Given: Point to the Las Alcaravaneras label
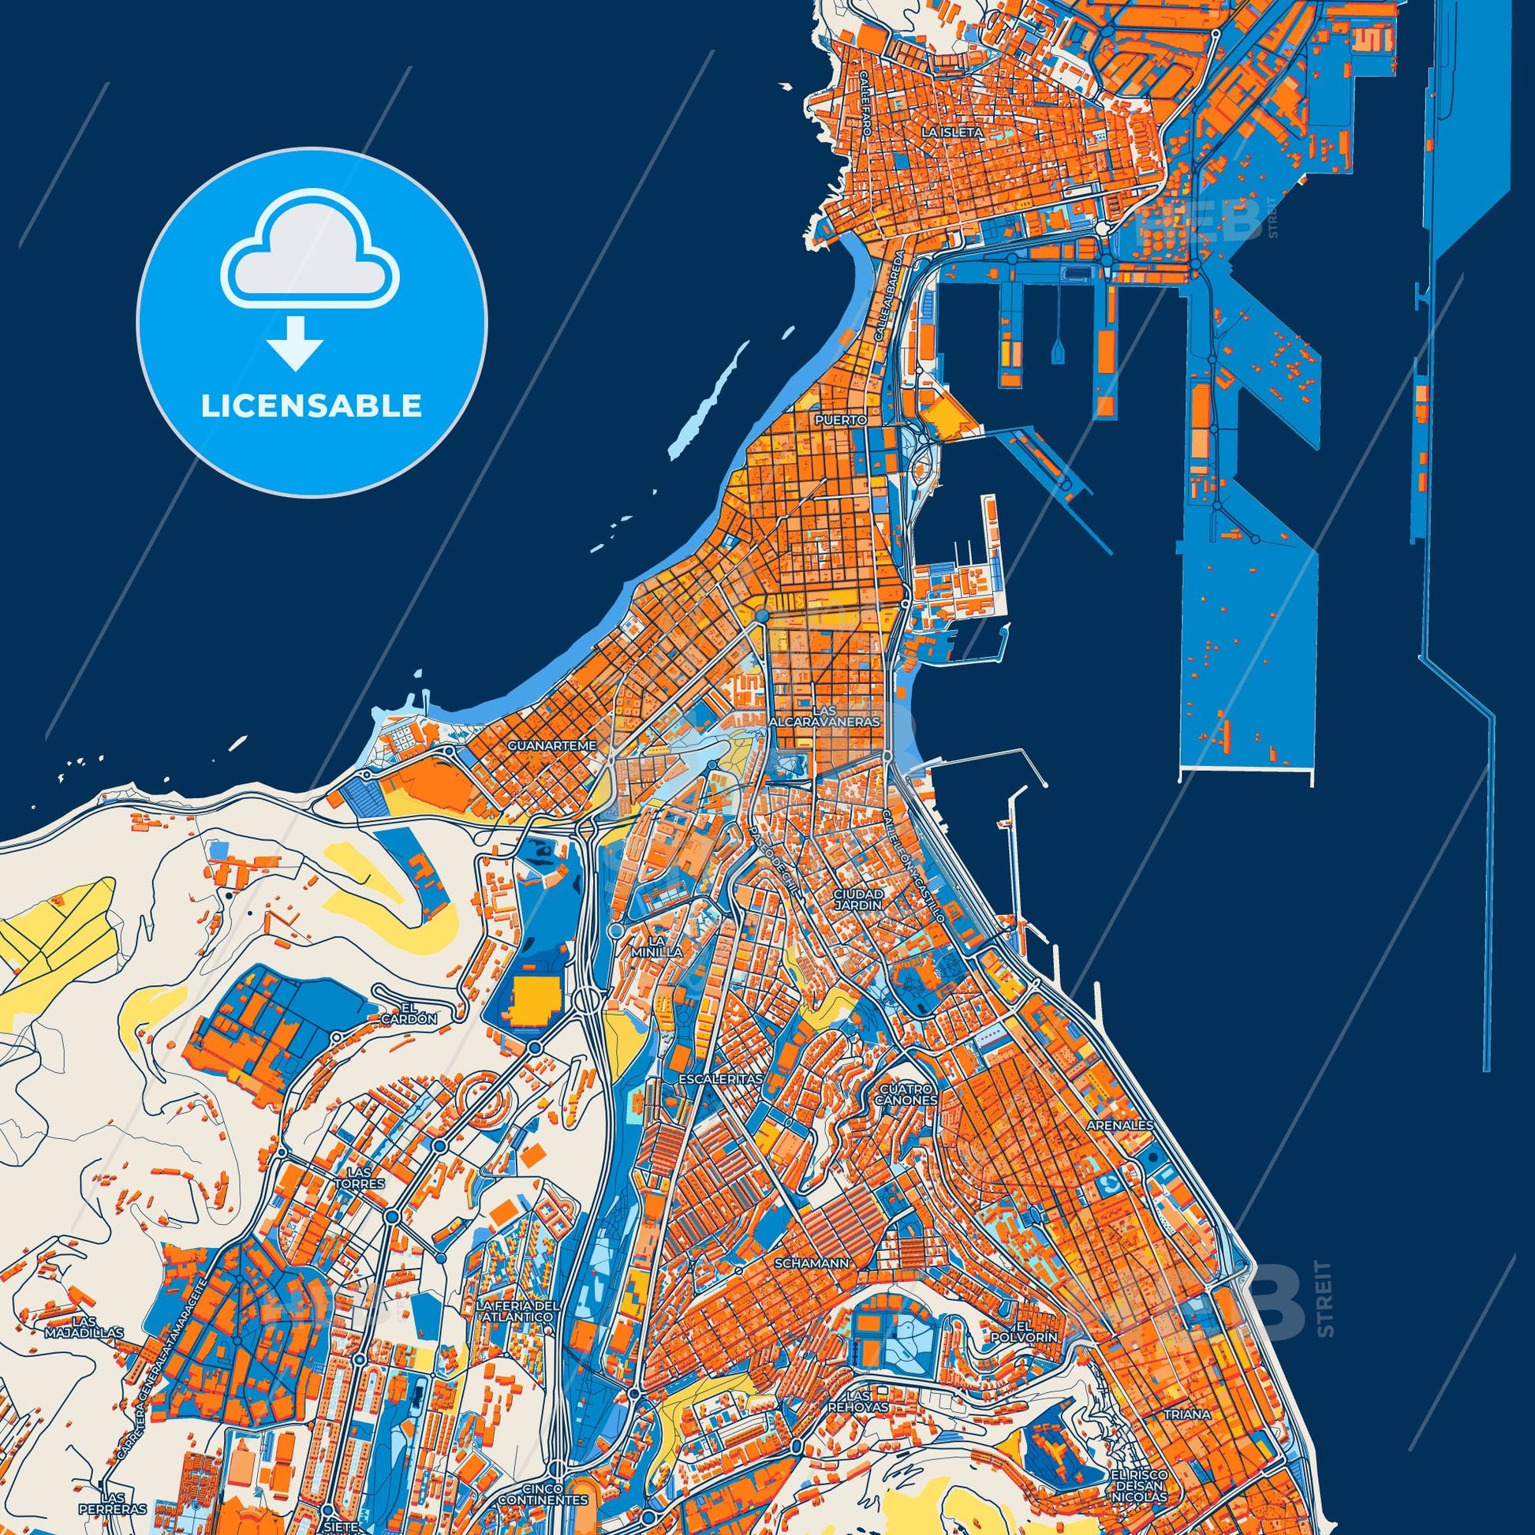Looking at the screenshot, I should (x=824, y=716).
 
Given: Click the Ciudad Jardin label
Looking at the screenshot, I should (x=858, y=899).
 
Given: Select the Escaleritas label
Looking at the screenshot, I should (x=721, y=1079).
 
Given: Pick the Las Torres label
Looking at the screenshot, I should (x=364, y=1200).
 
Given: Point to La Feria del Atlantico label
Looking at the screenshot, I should (x=519, y=1312).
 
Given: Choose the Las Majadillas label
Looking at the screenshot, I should (x=85, y=1327).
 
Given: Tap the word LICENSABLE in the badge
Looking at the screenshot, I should (x=311, y=406).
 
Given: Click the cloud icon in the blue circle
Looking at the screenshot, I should (x=311, y=252).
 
